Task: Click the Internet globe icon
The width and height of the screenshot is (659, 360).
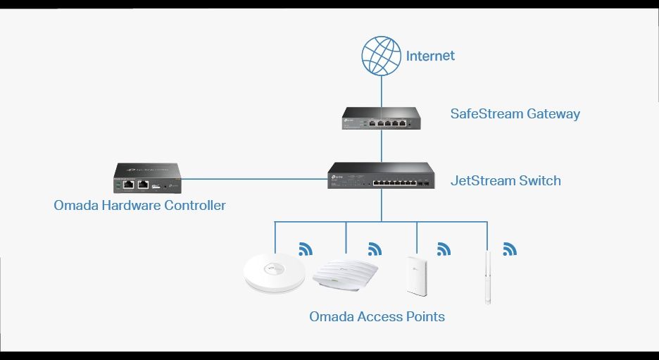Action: click(381, 56)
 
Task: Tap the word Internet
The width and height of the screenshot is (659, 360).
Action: click(430, 56)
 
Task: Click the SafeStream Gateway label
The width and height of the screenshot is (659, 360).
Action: click(515, 113)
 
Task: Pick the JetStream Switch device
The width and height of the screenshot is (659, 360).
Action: click(381, 175)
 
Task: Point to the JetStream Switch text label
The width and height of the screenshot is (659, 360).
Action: click(506, 180)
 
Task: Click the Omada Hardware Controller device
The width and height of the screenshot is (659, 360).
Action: click(148, 178)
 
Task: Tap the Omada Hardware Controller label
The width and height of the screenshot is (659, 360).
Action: click(139, 206)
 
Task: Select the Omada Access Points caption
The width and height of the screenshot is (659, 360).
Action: click(377, 316)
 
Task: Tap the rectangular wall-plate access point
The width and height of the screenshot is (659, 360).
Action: click(415, 274)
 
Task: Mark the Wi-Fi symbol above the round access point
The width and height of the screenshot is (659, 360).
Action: click(306, 249)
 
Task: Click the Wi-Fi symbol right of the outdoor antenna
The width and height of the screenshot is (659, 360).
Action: click(510, 249)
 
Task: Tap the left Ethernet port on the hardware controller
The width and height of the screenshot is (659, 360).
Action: click(129, 185)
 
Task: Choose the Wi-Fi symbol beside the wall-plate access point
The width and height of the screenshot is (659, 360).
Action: click(444, 249)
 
